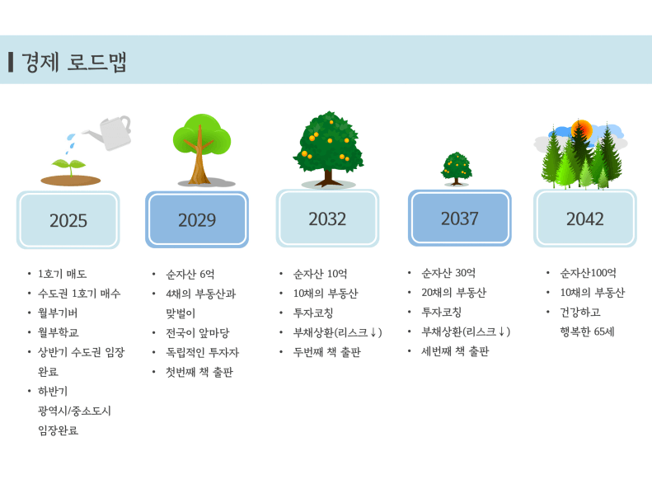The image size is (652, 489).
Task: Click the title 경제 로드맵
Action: click(73, 63)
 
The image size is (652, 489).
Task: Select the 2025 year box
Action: click(68, 220)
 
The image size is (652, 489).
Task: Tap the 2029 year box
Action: click(197, 219)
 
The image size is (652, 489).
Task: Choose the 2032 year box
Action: click(327, 219)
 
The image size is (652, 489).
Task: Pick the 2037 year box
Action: click(459, 218)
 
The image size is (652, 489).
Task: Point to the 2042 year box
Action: click(585, 219)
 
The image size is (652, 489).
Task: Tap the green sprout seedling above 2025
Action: click(68, 167)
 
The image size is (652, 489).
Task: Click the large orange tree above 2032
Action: click(328, 148)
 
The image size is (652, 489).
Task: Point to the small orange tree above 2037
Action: click(457, 168)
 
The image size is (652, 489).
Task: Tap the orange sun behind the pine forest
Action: click(581, 129)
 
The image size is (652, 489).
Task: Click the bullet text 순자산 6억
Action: click(190, 274)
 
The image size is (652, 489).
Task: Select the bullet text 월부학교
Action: click(59, 332)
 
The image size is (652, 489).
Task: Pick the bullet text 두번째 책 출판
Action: click(327, 352)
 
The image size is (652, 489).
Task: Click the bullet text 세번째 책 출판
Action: click(455, 351)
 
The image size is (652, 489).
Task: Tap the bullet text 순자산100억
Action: click(588, 273)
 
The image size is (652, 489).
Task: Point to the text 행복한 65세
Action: click(587, 331)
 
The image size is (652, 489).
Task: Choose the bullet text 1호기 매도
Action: click(63, 274)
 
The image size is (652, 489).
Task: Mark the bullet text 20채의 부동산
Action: click(453, 292)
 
